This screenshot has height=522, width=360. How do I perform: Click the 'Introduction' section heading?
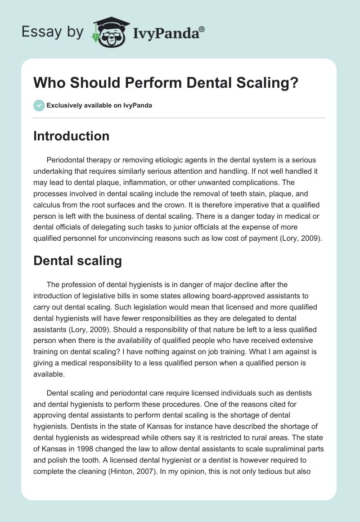(71, 136)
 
